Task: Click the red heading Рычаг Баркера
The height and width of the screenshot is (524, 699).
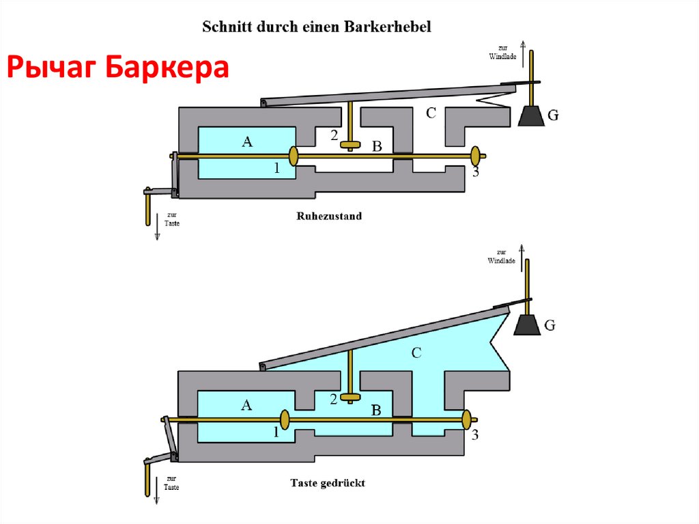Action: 118,68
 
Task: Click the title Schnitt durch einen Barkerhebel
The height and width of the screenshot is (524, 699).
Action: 316,27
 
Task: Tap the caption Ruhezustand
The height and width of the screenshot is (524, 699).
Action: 329,216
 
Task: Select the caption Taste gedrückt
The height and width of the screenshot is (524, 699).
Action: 328,482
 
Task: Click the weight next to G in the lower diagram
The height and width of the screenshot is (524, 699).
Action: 526,325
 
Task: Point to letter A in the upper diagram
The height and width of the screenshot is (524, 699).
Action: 247,141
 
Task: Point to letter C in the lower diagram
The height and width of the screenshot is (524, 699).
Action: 416,353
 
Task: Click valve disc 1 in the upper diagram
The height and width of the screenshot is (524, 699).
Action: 294,156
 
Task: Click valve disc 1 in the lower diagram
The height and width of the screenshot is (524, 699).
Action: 283,419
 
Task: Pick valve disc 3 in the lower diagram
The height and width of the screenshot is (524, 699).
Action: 466,419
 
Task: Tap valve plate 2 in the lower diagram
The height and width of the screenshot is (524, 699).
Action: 351,397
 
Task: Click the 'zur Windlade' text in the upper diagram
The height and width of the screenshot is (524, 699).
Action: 502,52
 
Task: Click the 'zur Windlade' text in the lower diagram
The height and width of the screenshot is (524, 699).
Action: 501,256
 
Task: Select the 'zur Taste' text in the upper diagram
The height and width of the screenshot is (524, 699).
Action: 172,219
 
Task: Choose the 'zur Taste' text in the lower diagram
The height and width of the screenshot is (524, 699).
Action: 171,482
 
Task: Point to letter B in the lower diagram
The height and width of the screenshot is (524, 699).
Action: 375,410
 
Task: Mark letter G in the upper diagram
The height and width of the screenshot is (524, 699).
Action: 554,116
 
